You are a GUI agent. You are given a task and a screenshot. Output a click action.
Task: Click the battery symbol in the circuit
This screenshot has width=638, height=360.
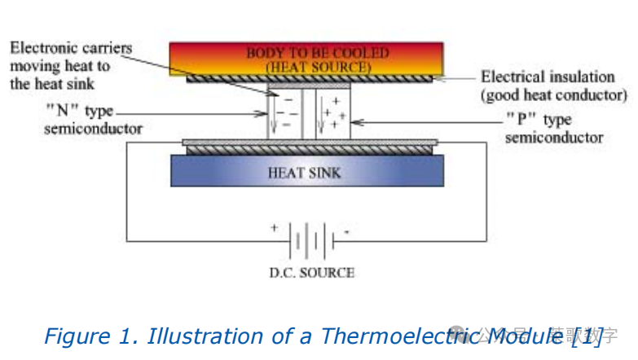pos(312,241)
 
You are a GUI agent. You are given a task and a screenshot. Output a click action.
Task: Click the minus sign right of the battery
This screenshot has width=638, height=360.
pos(347,231)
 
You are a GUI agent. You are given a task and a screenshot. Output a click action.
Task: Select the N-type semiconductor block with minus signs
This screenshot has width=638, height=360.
pos(284,114)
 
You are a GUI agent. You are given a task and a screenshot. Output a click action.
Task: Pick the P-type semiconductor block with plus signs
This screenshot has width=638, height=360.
pos(332,114)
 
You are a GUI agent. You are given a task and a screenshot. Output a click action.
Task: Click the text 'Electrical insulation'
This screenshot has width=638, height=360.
pos(548,77)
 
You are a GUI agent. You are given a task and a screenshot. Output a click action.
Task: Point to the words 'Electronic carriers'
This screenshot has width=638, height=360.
pos(71,47)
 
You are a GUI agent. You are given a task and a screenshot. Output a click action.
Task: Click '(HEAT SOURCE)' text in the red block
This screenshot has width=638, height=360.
pos(308,66)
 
